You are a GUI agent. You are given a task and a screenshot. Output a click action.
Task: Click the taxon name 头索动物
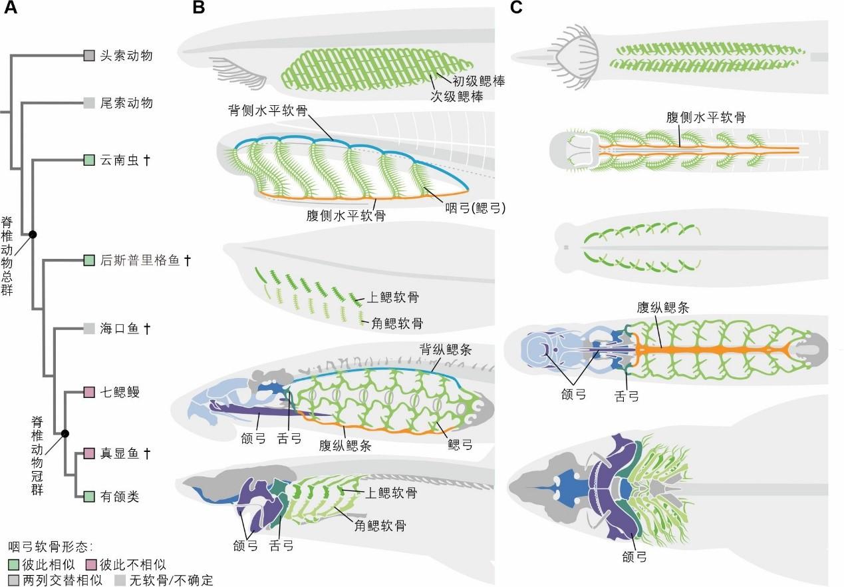click(126, 55)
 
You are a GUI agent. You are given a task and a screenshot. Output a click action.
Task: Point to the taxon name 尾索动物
click(126, 102)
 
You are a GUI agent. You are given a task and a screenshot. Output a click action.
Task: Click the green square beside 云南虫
click(89, 160)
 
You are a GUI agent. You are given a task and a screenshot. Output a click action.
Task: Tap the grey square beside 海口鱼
click(89, 328)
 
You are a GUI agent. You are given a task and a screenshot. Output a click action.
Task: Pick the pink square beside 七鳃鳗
click(89, 392)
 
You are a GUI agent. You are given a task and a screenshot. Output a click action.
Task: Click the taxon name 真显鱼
click(120, 454)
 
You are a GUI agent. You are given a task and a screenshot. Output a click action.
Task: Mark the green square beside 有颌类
click(89, 496)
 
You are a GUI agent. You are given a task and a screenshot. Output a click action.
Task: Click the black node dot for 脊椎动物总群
click(32, 234)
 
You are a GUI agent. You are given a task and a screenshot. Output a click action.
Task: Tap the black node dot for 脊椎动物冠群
click(65, 434)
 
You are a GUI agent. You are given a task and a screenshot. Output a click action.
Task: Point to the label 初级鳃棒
click(478, 81)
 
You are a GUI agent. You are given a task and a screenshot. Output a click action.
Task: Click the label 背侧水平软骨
click(267, 110)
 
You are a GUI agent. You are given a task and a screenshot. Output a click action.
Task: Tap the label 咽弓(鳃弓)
click(476, 208)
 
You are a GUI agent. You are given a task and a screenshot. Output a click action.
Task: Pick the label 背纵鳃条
click(445, 349)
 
